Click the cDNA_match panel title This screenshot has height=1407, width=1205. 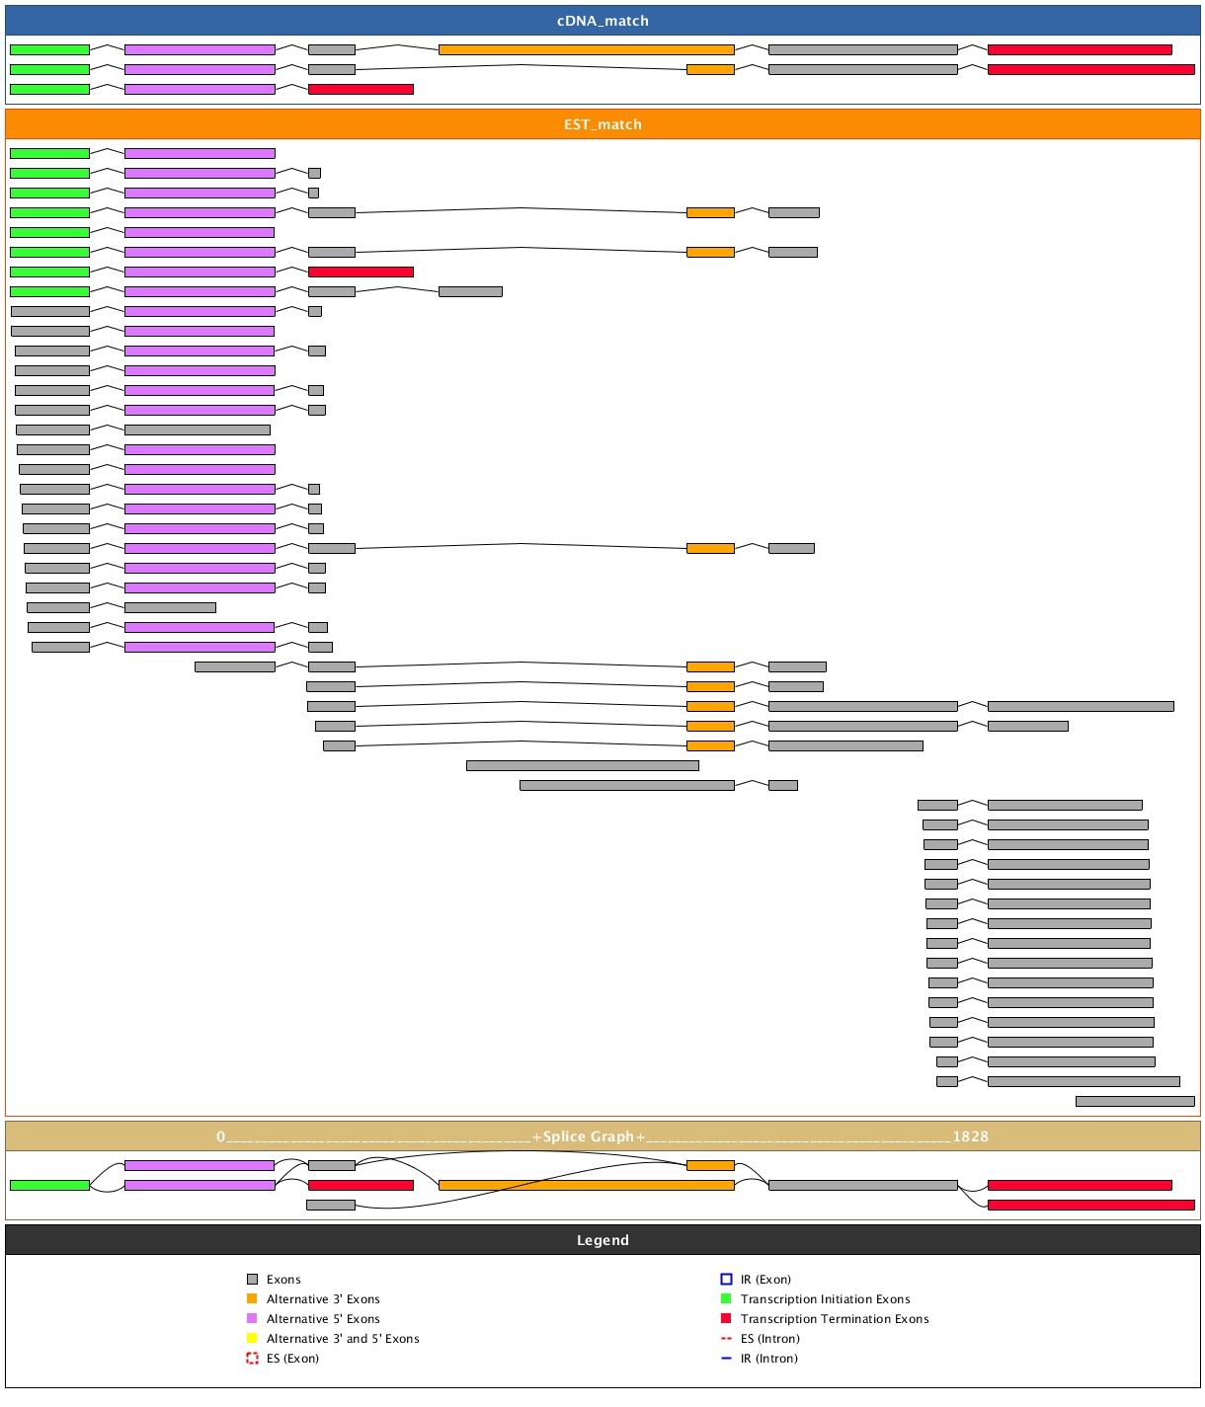pos(602,21)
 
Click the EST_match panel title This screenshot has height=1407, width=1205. pos(602,124)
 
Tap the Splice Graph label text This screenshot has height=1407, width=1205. pos(589,1136)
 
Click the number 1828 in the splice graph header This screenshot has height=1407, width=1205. pos(970,1136)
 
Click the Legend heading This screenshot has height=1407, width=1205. pos(602,1240)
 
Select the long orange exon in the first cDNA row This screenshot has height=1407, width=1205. pos(586,49)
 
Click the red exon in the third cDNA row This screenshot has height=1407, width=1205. pos(361,89)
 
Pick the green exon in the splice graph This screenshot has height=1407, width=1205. pos(49,1185)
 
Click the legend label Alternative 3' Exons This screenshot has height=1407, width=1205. pos(323,1299)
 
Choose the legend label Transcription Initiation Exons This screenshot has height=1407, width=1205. pos(825,1299)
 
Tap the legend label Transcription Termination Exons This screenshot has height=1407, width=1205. pos(835,1319)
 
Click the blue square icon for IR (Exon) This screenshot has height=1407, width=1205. pos(726,1280)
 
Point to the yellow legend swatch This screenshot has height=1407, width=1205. pos(252,1339)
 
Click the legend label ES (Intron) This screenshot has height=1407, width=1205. pos(769,1339)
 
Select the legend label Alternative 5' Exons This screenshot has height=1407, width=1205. pos(323,1319)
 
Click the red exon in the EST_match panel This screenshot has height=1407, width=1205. pos(361,272)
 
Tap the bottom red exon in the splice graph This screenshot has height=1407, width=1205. pos(1090,1205)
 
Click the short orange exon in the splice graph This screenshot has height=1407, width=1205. pos(710,1165)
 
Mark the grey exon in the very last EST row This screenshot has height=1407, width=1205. pos(1135,1101)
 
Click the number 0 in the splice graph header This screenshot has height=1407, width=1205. pos(221,1136)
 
